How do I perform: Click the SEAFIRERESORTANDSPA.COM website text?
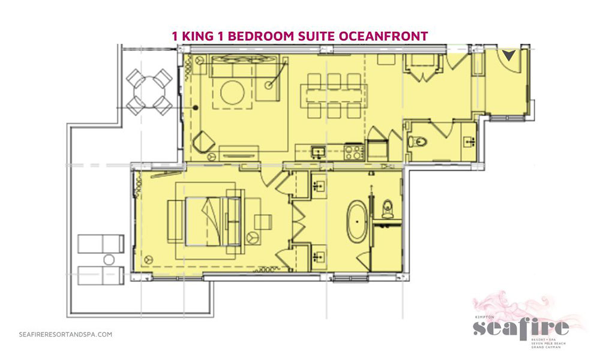coord(65,334)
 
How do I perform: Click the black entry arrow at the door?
coord(509,56)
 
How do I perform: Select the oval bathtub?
coord(358,221)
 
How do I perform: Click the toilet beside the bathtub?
coord(387,208)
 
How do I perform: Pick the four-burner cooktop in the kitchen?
coord(353,152)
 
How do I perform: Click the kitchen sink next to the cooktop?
coord(319,152)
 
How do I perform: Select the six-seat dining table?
coord(334,94)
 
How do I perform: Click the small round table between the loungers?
coord(109,260)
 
